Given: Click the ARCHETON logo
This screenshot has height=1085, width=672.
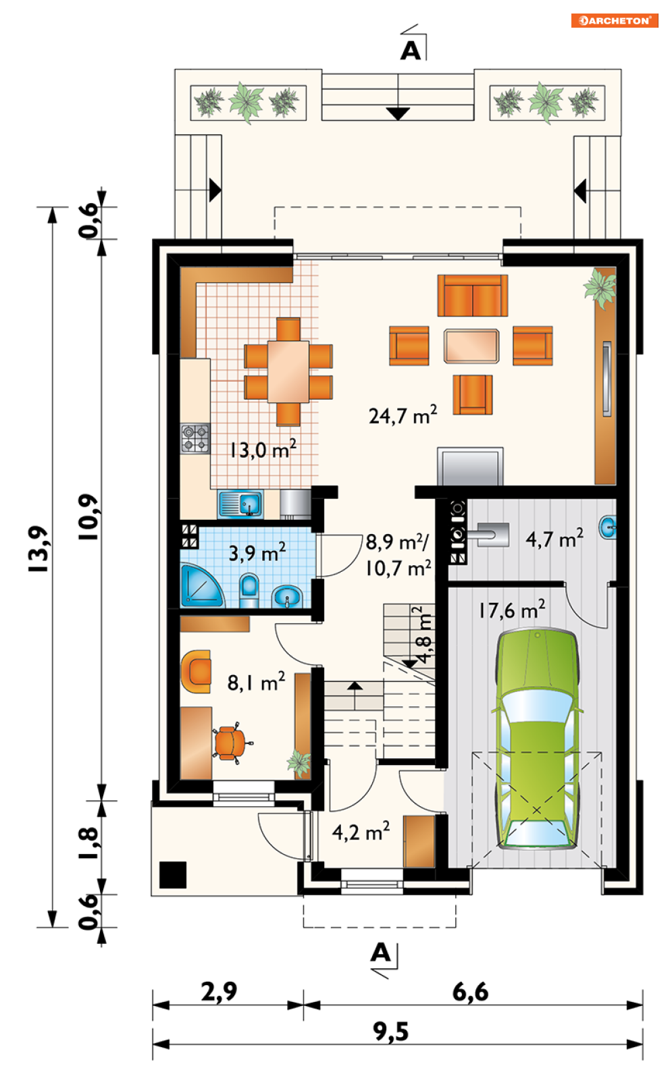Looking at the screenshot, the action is coord(614,20).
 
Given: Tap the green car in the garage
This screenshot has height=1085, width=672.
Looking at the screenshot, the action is coord(537,738).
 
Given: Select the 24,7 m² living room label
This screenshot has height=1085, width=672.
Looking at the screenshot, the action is coord(403,415).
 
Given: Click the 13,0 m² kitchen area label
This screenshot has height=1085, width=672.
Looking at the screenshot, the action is coord(263,449).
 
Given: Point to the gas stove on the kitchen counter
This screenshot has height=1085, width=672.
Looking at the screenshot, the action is coord(195,438).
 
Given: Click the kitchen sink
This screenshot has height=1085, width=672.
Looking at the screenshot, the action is coord(241,504).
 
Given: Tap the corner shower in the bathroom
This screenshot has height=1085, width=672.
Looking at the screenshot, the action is coord(201,585).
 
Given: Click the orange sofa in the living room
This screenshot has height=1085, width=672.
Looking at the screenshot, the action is coord(472,296).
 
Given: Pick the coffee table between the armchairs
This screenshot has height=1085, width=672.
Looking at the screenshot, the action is coord(471,346).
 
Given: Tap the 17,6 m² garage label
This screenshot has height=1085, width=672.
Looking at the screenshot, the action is coord(512,610).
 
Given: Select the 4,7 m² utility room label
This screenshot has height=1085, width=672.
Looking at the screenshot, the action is coord(554,539).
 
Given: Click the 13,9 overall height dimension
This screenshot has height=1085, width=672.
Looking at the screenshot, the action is coord(38,549).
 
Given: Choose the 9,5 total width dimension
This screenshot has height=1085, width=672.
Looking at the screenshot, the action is coord(390,1031).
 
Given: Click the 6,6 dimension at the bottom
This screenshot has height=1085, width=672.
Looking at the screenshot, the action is coord(470,993).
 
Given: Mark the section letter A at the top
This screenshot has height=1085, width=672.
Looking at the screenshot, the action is coord(411,51).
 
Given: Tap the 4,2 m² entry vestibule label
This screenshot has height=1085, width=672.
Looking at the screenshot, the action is coord(361,832).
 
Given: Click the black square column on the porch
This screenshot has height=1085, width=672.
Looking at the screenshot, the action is coord(173,875).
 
